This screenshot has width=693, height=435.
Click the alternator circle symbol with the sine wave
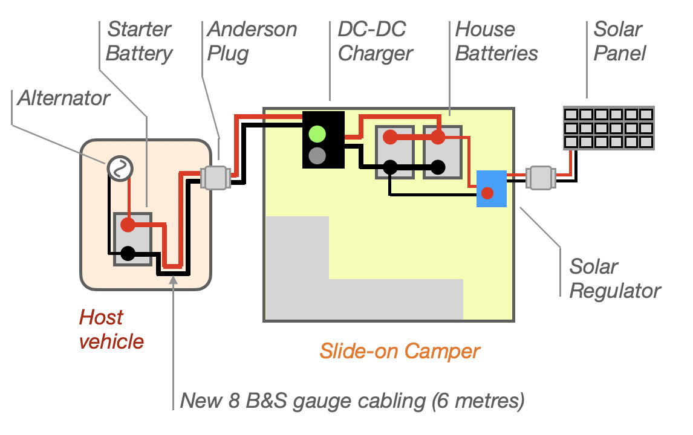point(119,169)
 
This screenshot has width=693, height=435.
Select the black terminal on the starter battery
point(128,253)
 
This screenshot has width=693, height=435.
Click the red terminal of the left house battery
point(391,137)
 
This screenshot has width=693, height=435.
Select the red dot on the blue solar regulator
point(487,193)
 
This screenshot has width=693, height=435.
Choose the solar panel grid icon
point(608,128)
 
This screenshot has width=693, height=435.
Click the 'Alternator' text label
point(63,98)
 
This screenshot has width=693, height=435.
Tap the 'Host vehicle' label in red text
point(111,329)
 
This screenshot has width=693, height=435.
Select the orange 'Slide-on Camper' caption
point(400,351)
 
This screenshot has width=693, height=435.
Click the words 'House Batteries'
point(496,41)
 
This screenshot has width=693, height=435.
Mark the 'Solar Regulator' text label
point(614,279)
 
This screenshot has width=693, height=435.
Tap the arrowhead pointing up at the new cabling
point(174,278)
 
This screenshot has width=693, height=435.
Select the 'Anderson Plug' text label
point(252,41)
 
